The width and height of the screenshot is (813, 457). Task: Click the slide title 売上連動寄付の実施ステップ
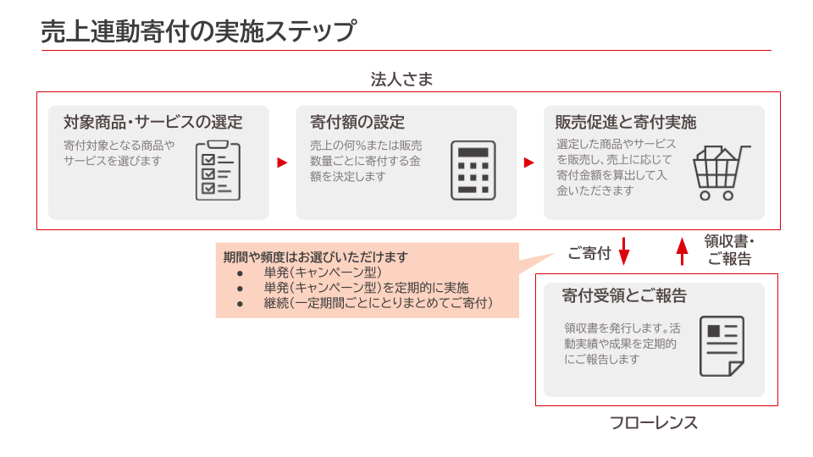coord(197,31)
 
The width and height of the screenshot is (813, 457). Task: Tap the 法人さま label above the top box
coord(402,80)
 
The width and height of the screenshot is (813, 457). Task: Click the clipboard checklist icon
coord(217,170)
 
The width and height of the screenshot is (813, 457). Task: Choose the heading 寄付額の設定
coord(357,122)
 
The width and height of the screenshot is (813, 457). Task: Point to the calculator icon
coord(473,170)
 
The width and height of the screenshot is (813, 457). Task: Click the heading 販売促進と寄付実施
coord(626,122)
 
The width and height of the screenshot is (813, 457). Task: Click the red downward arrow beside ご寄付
coord(624,251)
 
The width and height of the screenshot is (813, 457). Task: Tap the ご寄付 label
coord(589,253)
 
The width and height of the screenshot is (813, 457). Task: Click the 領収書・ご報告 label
coord(729,251)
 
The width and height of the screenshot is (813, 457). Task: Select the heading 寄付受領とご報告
coord(624,296)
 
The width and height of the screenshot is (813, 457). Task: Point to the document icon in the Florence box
coord(722,346)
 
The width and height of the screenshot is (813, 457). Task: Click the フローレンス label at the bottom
coord(654,422)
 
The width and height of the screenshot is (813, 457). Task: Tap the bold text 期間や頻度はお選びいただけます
coord(315,256)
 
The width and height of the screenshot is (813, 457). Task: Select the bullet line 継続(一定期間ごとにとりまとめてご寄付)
coord(378,302)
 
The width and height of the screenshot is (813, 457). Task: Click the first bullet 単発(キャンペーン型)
coord(323,273)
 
